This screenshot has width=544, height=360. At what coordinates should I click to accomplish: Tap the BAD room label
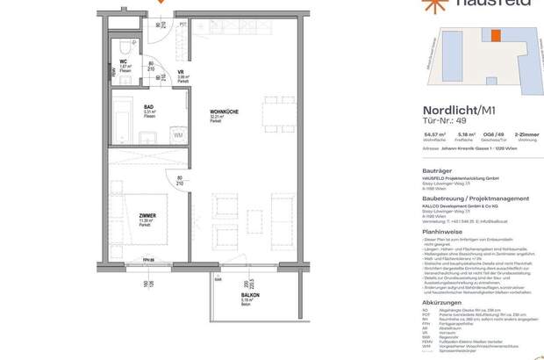(151, 109)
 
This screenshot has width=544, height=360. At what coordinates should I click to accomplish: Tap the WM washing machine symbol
(177, 135)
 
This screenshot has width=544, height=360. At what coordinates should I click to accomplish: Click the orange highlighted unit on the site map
(496, 36)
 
